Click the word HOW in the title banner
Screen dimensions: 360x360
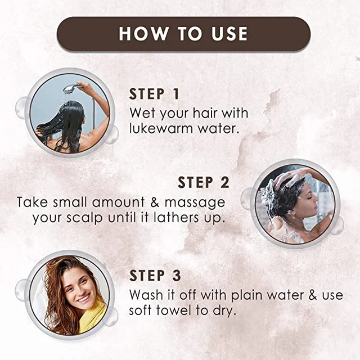pos(143,34)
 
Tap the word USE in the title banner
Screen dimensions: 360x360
pos(229,34)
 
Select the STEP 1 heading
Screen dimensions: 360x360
pos(154,94)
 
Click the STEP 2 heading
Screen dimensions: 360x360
pos(204,182)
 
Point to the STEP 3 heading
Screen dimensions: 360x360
pos(155,275)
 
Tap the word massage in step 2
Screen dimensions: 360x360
pos(195,203)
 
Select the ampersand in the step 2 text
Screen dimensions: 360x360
pos(155,202)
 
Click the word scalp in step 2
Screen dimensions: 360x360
pos(84,218)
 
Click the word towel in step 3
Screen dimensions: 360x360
pos(174,310)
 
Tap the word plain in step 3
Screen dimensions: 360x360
pos(246,295)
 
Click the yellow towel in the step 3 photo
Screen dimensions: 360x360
pos(93,317)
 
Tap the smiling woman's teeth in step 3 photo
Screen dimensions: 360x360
pos(83,299)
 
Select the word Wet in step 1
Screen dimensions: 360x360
pos(142,113)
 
